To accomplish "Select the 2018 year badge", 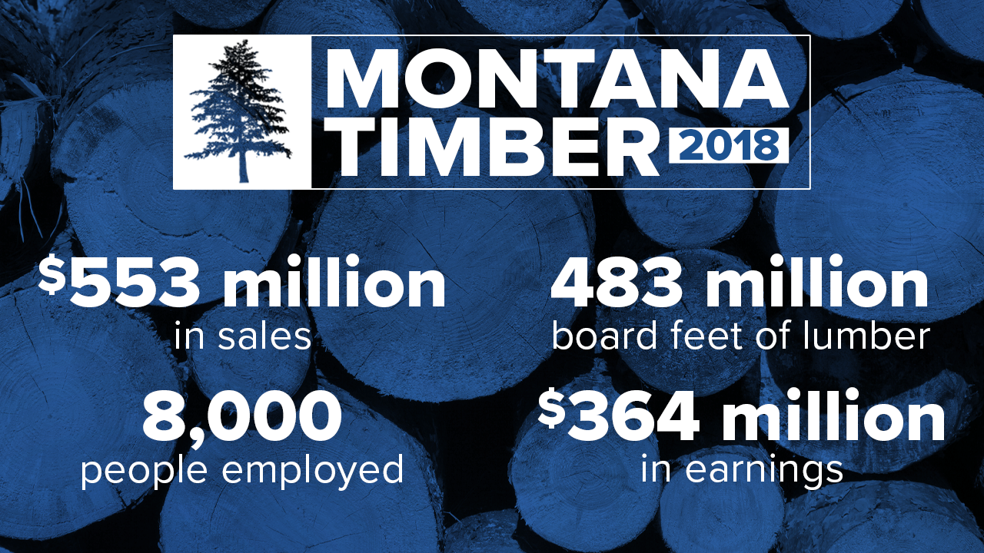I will (x=729, y=146).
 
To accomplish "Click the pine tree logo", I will (x=241, y=112).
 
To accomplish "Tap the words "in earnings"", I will (x=742, y=469).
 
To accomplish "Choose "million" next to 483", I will (x=819, y=285).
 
